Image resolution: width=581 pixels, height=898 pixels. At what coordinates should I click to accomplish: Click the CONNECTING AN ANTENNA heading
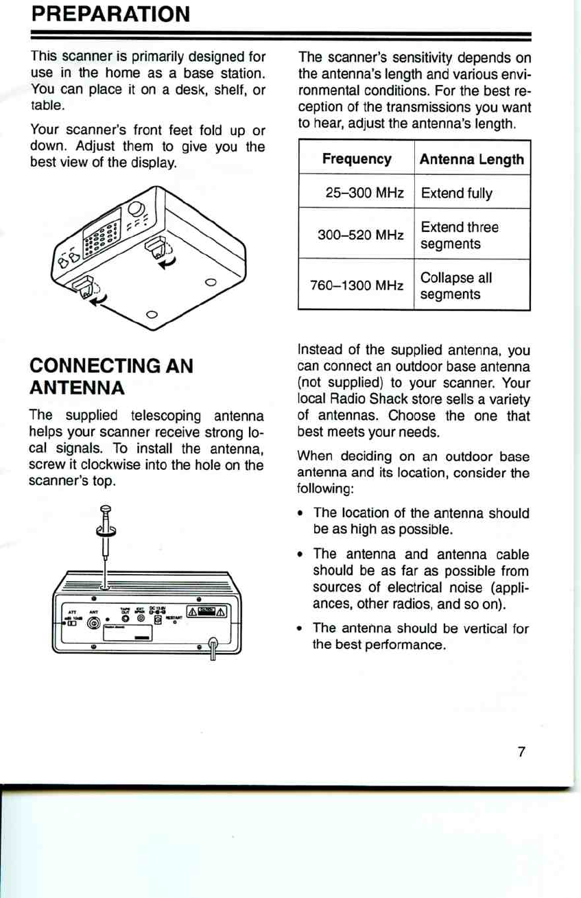pos(112,377)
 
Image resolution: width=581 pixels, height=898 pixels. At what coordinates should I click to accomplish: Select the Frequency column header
pos(357,159)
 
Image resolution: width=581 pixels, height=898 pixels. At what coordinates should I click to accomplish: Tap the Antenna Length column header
pos(472,159)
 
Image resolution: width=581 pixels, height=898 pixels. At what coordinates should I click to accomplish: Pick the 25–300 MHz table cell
pos(357,193)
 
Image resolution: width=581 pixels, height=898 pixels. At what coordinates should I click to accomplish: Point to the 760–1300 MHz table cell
pos(357,286)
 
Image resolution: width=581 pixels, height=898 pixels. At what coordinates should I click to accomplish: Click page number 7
pos(521,752)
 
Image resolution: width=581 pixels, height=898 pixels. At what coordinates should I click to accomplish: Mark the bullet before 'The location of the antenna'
pos(303,513)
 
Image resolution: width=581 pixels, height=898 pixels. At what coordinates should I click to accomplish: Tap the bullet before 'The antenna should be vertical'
pos(303,628)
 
